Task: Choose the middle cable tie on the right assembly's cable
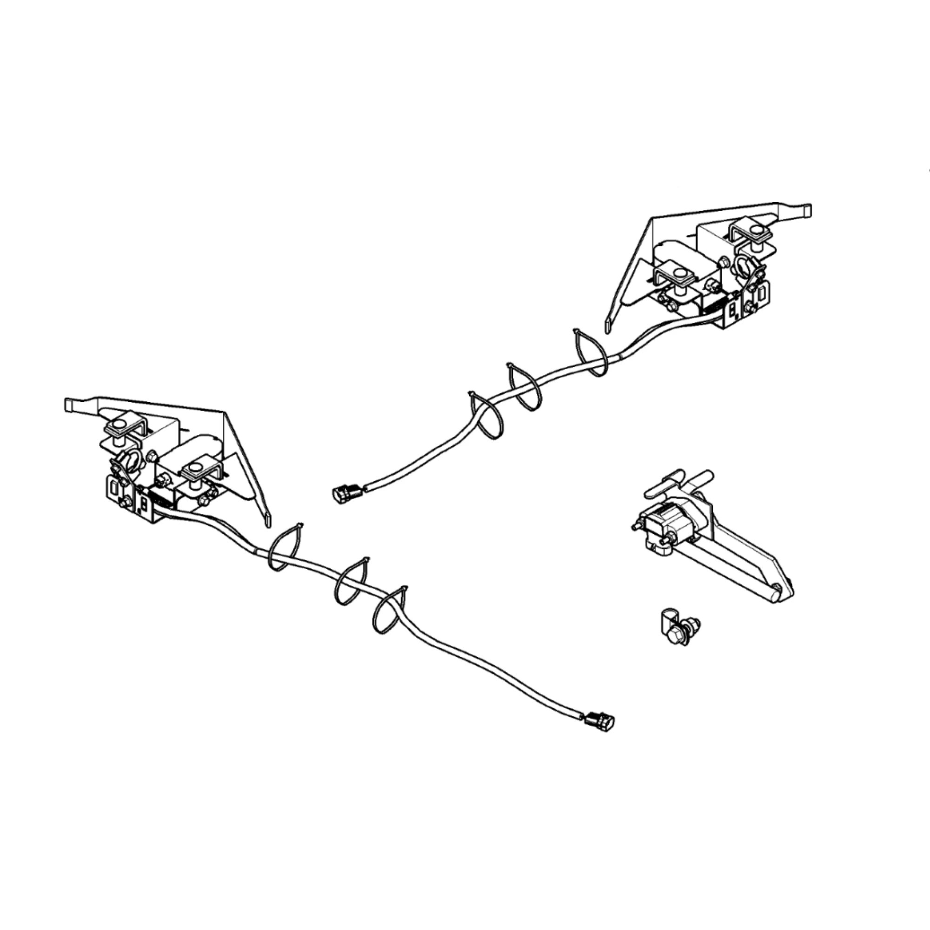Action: (x=523, y=387)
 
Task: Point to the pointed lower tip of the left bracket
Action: (x=268, y=521)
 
